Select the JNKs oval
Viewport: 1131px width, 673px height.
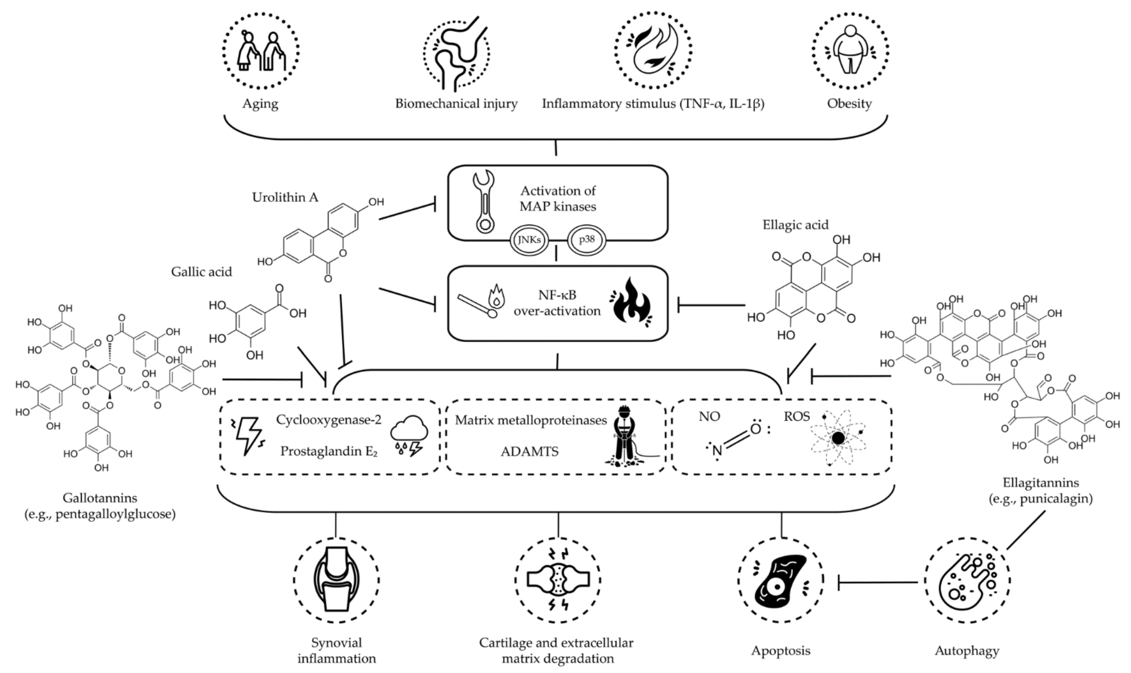tap(529, 240)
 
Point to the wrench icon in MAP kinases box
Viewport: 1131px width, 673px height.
tap(484, 202)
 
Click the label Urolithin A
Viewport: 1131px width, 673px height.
tap(285, 197)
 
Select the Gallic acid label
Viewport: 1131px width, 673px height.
tap(201, 272)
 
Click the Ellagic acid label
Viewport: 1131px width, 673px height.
tap(795, 225)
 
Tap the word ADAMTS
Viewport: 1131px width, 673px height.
tap(529, 452)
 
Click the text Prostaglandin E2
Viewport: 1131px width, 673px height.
tap(328, 451)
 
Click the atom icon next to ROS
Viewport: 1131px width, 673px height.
tap(838, 438)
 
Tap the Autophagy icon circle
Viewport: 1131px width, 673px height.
tap(967, 581)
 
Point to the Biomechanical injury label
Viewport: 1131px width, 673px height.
tap(456, 104)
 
